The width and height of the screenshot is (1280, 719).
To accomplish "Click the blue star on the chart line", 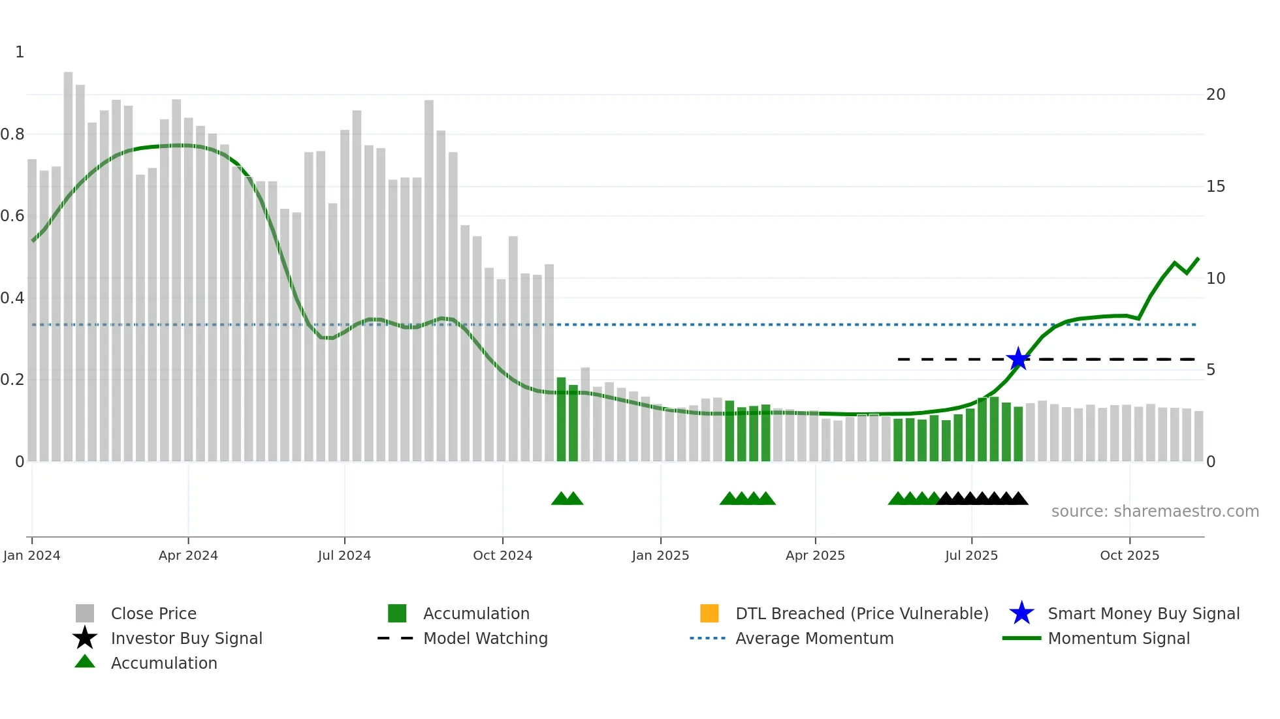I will point(1017,359).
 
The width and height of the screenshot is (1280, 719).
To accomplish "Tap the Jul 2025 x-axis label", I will point(971,555).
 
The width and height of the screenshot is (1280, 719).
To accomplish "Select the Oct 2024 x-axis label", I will point(502,555).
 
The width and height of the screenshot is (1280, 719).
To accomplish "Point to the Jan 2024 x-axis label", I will point(31,555).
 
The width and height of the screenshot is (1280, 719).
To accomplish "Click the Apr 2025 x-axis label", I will point(815,555).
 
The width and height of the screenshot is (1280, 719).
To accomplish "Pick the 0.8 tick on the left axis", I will point(12,134).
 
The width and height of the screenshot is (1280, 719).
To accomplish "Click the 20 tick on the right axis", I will point(1215,95).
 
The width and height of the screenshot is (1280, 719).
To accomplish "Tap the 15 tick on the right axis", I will point(1215,187).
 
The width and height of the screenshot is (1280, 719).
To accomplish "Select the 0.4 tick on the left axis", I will point(12,298).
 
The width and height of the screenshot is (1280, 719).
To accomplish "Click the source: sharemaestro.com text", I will point(1155,512).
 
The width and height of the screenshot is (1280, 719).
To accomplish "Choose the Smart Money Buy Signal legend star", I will point(1021,613).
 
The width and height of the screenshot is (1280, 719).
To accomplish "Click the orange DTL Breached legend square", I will point(709,613).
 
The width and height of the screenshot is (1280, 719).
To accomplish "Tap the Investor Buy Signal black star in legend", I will point(85,638).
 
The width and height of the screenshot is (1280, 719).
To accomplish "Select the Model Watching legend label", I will point(485,638).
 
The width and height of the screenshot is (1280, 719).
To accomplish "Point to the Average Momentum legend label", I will point(814,638).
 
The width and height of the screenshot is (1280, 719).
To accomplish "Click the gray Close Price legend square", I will point(85,613).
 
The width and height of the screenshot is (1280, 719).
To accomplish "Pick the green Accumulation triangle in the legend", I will point(85,662).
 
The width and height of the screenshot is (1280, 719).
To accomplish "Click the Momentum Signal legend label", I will point(1119,638).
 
